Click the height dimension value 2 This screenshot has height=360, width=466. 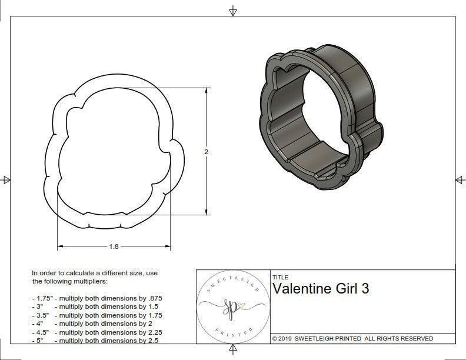point(207,152)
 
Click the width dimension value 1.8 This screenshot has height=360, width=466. point(114,247)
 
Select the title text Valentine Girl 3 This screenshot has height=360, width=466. point(321,288)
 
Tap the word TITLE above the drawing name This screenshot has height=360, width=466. point(279,277)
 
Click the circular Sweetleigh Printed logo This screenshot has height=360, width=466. point(234,306)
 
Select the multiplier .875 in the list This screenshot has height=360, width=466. point(155,298)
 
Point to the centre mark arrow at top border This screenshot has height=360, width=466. point(233,11)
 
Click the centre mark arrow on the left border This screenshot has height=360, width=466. point(7,180)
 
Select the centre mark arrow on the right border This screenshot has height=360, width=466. point(460,180)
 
